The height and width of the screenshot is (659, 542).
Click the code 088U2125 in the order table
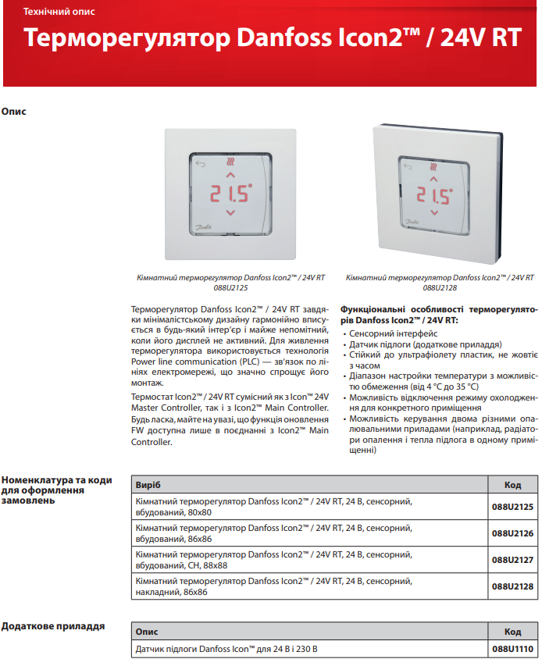512,508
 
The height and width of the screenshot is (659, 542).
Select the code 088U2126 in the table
512,534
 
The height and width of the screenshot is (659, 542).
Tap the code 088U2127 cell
512,560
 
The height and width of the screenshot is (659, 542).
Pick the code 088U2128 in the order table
512,586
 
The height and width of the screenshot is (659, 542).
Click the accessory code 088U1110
512,649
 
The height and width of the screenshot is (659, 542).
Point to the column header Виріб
148,485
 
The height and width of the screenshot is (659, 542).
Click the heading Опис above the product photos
14,112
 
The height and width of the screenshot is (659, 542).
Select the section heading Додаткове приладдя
52,626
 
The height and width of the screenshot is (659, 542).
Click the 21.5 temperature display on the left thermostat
229,192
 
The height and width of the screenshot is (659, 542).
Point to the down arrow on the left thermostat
230,213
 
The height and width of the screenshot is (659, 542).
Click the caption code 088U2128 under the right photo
440,287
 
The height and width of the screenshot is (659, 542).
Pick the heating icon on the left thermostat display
230,164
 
